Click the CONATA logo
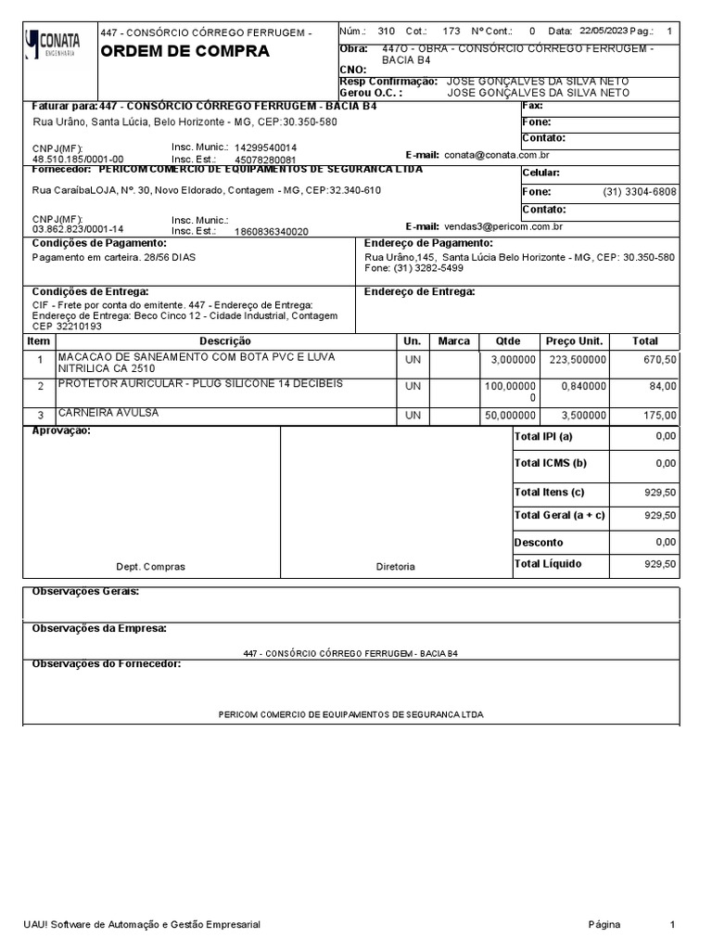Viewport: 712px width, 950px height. pos(54,43)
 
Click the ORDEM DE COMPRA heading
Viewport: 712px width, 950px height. pos(184,51)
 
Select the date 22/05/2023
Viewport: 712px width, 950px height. pos(602,31)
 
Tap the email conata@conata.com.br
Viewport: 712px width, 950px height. pos(497,156)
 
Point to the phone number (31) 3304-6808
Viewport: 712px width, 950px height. pos(639,192)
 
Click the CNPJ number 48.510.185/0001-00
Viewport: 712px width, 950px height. pos(78,159)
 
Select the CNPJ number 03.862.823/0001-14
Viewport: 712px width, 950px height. pos(78,229)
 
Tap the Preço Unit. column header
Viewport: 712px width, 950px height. pos(574,341)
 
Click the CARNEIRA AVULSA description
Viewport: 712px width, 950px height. pos(108,413)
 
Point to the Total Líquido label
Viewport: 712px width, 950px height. pos(550,564)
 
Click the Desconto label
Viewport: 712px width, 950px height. pos(539,542)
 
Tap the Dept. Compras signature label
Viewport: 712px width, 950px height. pos(150,566)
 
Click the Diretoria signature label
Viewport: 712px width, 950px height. pos(395,566)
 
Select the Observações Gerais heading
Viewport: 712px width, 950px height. pos(85,591)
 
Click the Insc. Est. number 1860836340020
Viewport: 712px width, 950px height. pos(272,231)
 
